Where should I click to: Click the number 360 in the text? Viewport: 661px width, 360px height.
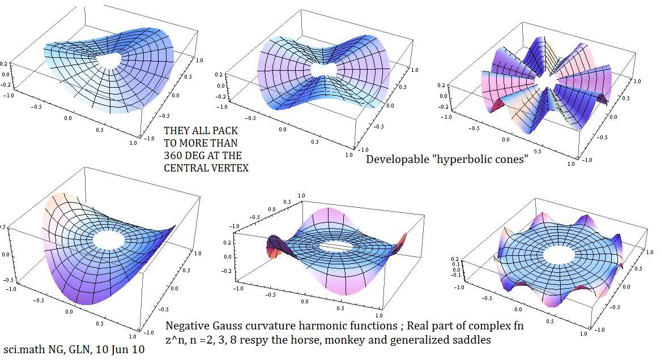pyautogui.click(x=174, y=156)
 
